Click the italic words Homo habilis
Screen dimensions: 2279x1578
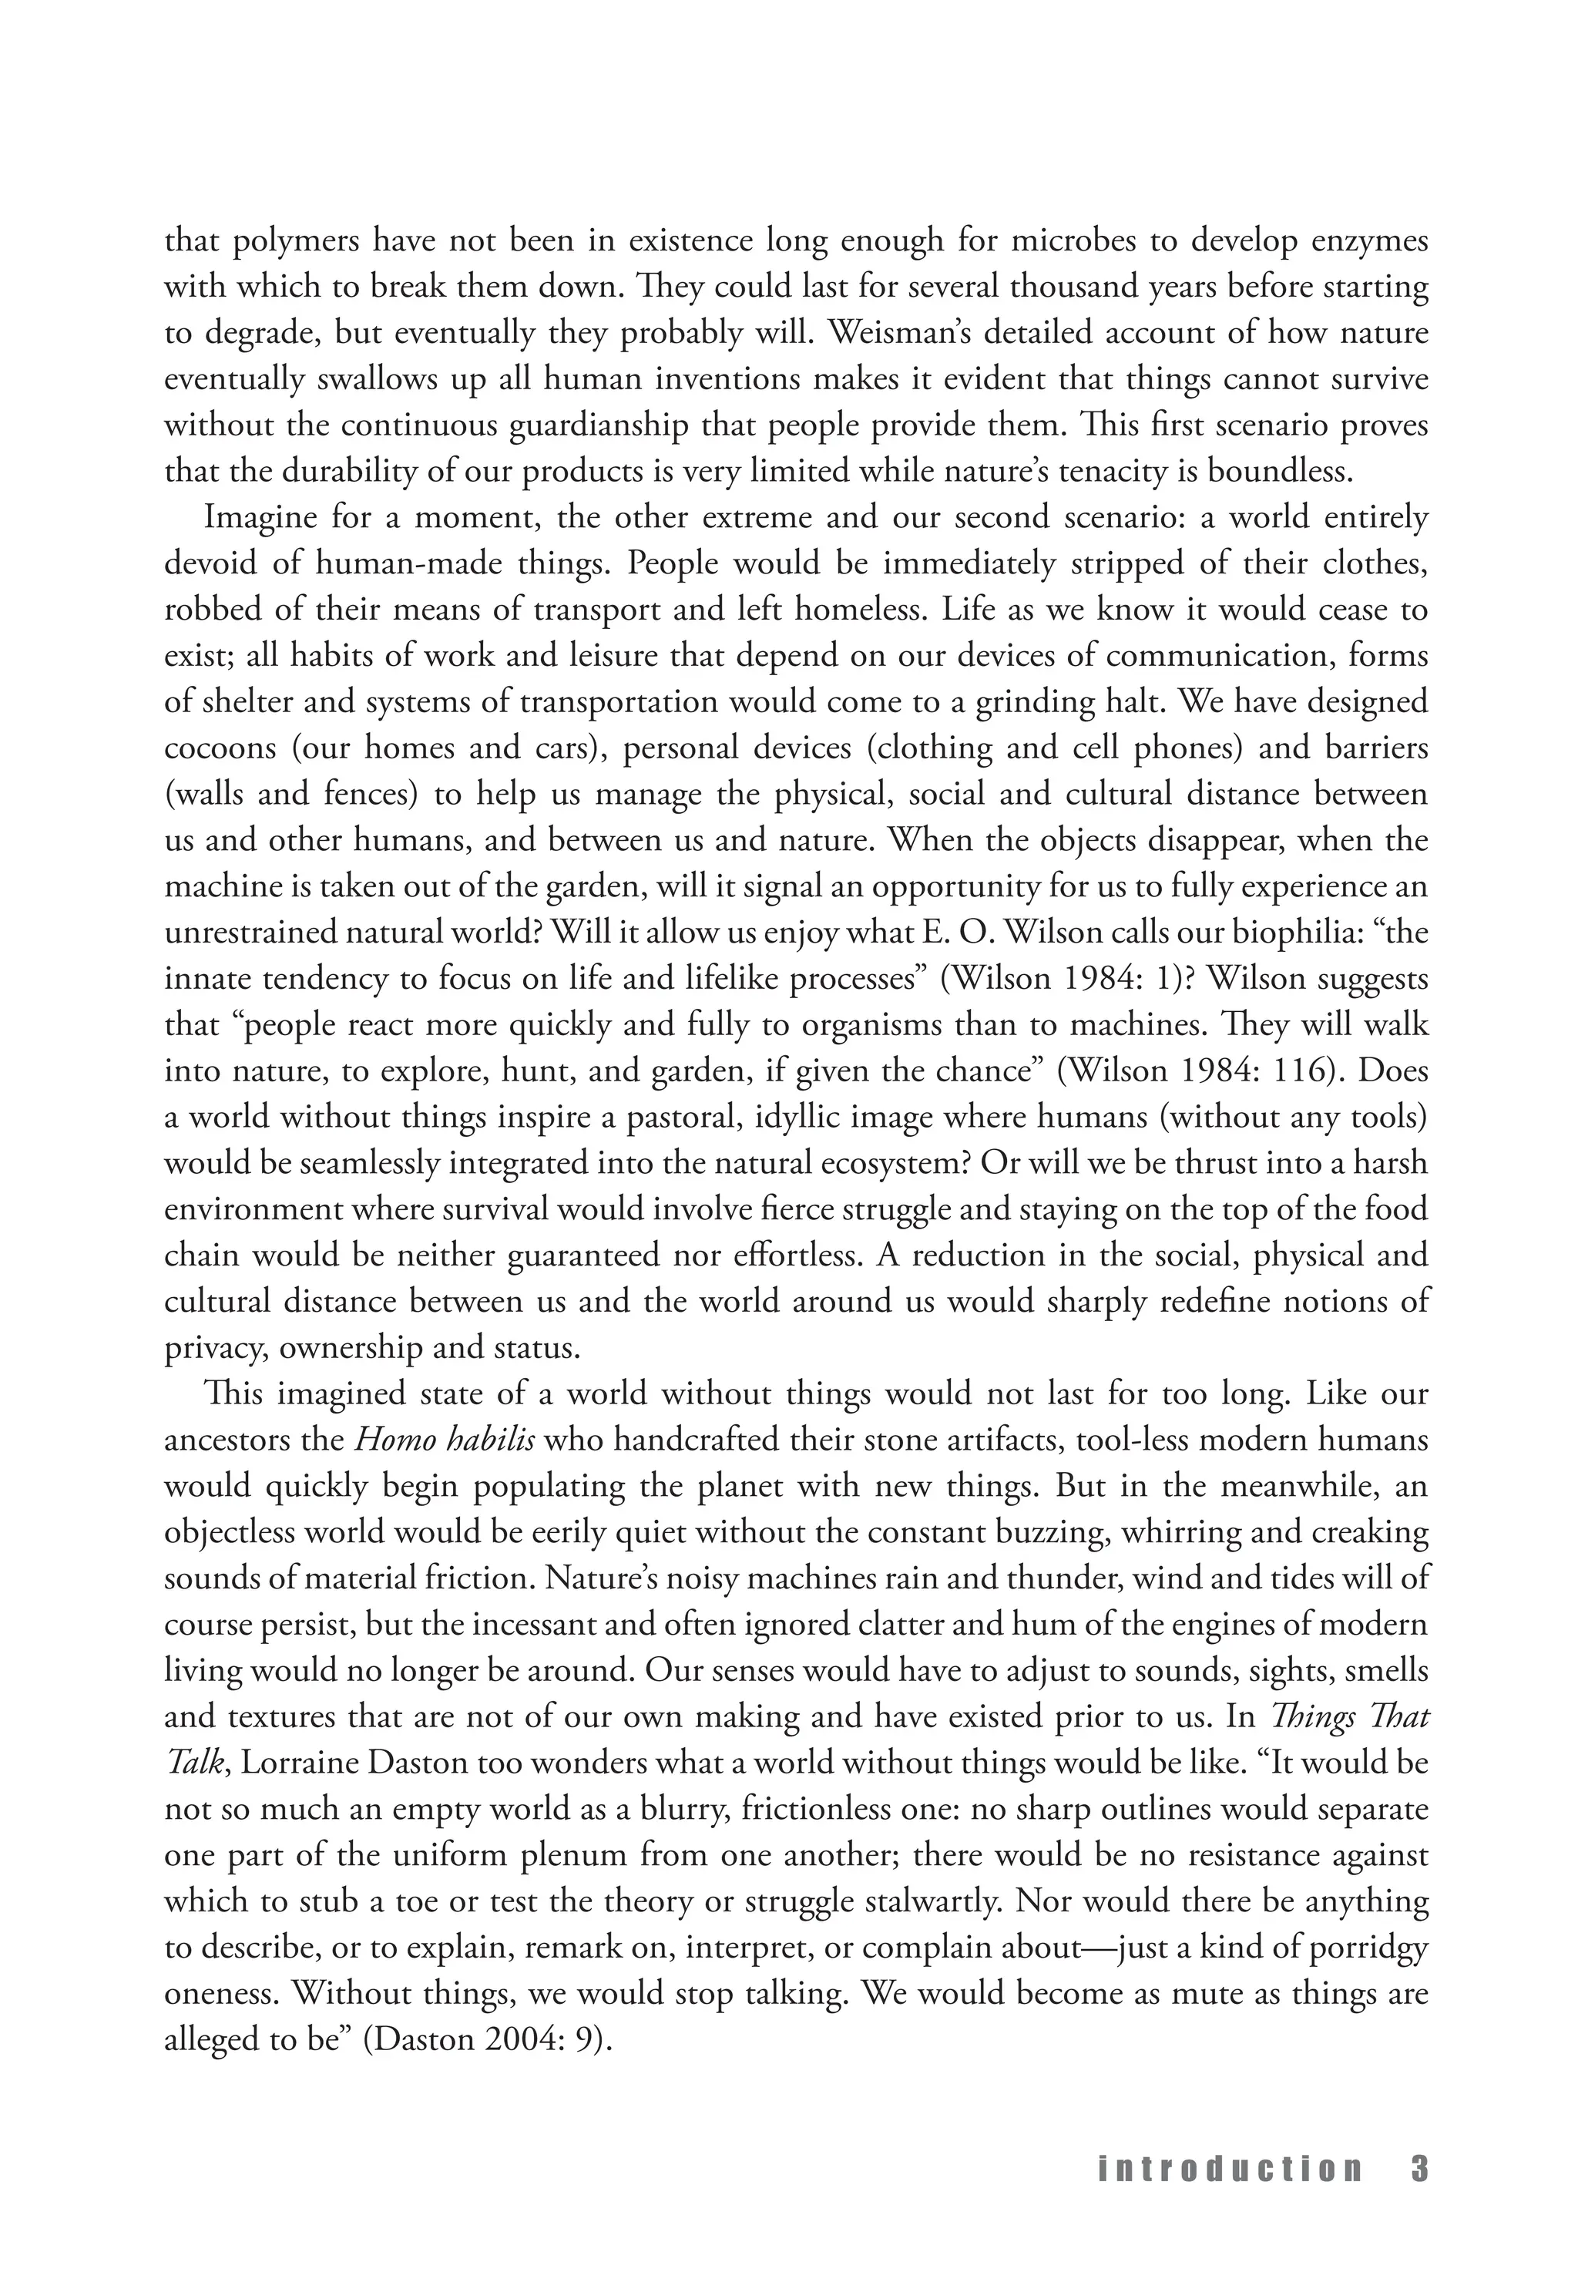click(x=445, y=1440)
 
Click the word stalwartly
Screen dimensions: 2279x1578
click(x=932, y=1901)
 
